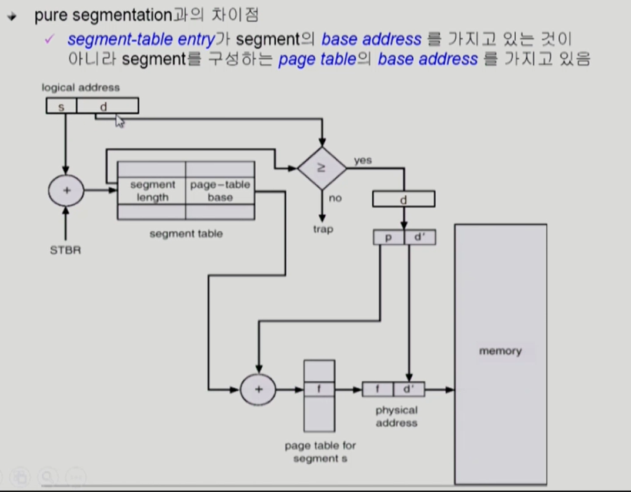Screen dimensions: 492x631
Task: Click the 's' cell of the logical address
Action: [x=61, y=106]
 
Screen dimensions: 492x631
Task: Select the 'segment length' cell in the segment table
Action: [x=152, y=191]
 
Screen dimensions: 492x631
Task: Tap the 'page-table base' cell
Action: [x=220, y=191]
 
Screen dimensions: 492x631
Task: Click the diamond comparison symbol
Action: [x=322, y=168]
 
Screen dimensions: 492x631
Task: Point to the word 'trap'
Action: [x=322, y=229]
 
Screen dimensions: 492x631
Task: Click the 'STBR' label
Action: [x=65, y=250]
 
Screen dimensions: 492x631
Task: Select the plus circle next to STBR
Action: [x=66, y=191]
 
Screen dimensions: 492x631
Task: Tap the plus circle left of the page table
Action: [x=258, y=390]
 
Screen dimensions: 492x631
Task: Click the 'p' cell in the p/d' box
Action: [x=388, y=237]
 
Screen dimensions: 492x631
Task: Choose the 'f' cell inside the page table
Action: [x=319, y=389]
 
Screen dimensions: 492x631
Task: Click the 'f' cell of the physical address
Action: [x=377, y=389]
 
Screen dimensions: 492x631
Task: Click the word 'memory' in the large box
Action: [x=500, y=351]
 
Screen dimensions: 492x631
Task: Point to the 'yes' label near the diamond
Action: [x=363, y=160]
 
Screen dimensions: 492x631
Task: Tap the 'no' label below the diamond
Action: [x=335, y=198]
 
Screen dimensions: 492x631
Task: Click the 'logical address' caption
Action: [x=81, y=88]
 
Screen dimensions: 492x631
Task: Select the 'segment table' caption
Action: [x=186, y=234]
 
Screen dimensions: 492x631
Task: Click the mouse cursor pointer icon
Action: [x=120, y=121]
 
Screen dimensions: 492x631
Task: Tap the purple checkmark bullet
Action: [x=50, y=40]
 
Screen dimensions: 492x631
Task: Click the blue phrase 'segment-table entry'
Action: [x=141, y=39]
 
